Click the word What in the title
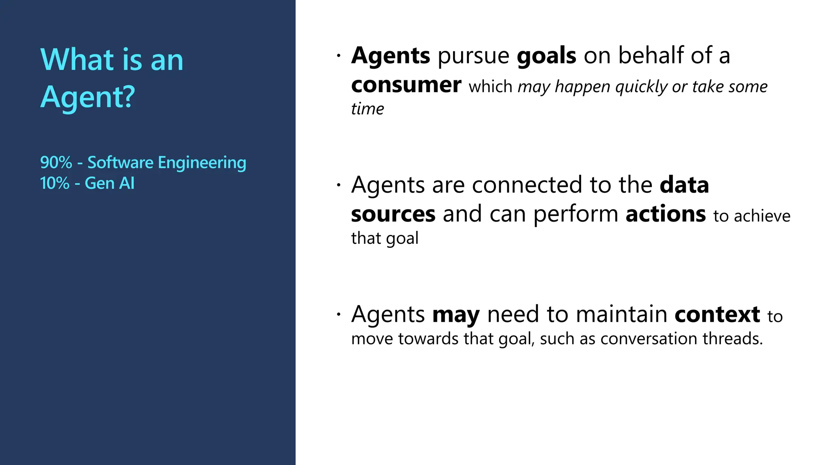click(x=76, y=60)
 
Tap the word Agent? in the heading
click(x=88, y=97)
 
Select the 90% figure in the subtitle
click(x=56, y=163)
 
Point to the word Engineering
click(x=202, y=163)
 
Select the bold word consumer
click(x=406, y=85)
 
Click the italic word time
click(x=367, y=109)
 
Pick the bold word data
click(x=684, y=185)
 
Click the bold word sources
click(x=393, y=214)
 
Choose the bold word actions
click(x=665, y=214)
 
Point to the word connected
click(x=529, y=185)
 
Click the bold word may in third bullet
click(x=456, y=315)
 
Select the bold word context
click(x=717, y=314)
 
